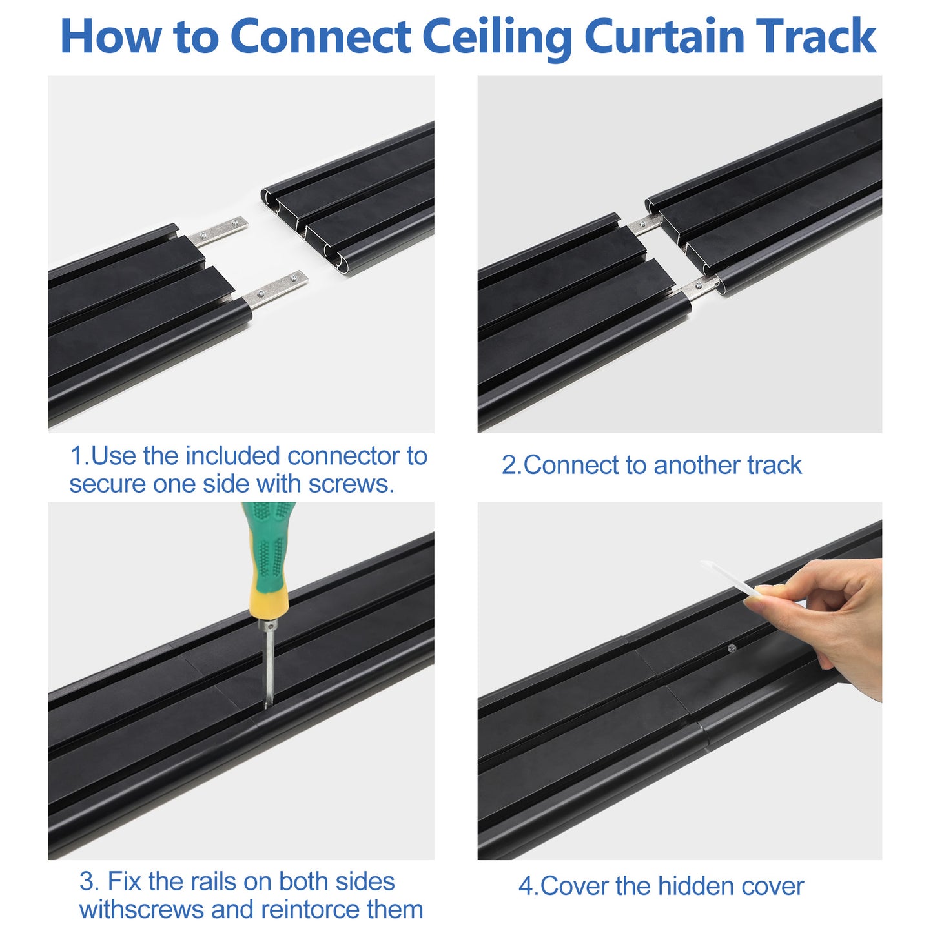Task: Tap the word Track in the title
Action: [x=815, y=36]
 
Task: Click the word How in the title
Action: [x=110, y=36]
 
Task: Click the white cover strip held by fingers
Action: [x=730, y=578]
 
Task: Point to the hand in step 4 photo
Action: [x=833, y=613]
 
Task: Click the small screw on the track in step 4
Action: [x=732, y=648]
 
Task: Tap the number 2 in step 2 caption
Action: [x=508, y=466]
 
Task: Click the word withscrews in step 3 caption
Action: [x=141, y=910]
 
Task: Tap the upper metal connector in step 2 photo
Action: [x=644, y=224]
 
